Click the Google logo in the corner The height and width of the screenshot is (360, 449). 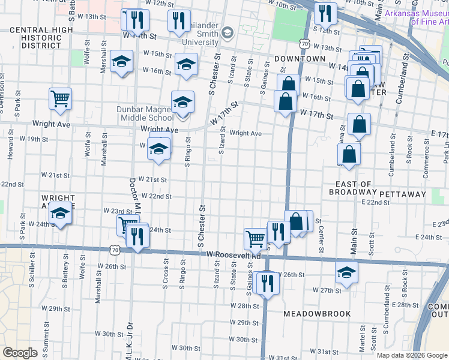pos(20,353)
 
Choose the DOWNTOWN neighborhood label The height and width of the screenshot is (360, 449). pos(300,59)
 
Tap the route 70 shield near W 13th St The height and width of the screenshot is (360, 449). pos(306,44)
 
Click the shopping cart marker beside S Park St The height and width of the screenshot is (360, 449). pos(60,98)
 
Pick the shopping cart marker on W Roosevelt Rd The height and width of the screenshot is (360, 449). pos(256,238)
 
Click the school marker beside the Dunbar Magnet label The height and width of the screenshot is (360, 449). pos(182,101)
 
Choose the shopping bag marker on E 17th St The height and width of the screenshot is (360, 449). pos(359,124)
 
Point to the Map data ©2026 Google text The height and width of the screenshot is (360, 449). pos(412,355)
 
